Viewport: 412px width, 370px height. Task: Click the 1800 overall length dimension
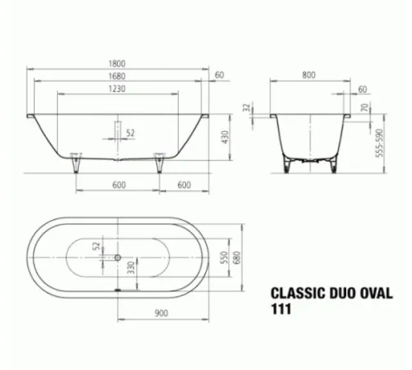coord(117,63)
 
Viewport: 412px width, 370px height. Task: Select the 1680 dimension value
coord(117,76)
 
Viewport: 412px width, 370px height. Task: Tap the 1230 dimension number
coord(117,89)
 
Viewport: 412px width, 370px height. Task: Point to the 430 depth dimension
coord(225,137)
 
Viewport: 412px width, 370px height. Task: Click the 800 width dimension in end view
coord(308,75)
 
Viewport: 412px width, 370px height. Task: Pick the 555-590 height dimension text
coord(379,143)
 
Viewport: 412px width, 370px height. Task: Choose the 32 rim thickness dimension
coord(247,107)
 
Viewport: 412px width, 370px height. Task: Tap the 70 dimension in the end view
coord(365,107)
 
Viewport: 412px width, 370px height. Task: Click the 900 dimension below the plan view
coord(161,313)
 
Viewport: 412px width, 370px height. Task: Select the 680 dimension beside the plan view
coord(236,258)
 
